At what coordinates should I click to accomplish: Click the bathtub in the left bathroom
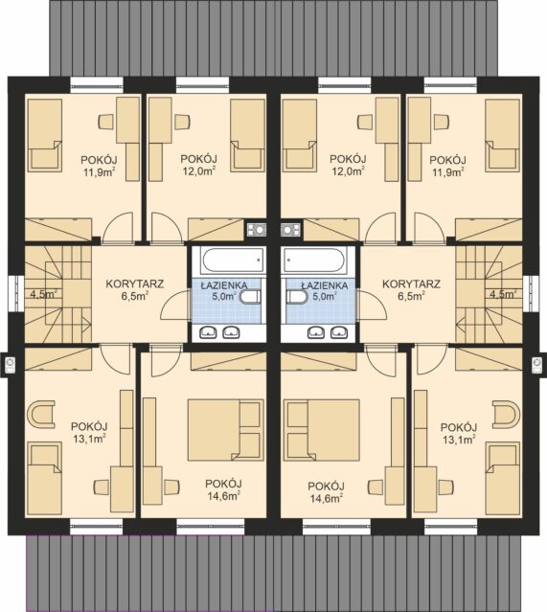pyautogui.click(x=233, y=261)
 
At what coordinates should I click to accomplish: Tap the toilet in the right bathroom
pyautogui.click(x=297, y=297)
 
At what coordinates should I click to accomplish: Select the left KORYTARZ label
pyautogui.click(x=135, y=283)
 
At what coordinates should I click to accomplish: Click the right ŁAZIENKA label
pyautogui.click(x=325, y=285)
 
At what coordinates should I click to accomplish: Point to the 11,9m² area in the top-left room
pyautogui.click(x=99, y=172)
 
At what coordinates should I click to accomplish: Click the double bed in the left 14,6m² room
pyautogui.click(x=225, y=430)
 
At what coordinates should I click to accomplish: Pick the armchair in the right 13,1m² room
pyautogui.click(x=506, y=414)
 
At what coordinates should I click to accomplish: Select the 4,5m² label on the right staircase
pyautogui.click(x=503, y=294)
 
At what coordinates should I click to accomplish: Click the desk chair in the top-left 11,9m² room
pyautogui.click(x=106, y=122)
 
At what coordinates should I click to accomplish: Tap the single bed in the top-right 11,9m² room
pyautogui.click(x=503, y=135)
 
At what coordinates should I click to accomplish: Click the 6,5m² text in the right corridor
pyautogui.click(x=412, y=296)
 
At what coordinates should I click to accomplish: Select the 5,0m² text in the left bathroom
pyautogui.click(x=224, y=296)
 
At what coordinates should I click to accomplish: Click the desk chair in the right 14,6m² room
pyautogui.click(x=376, y=487)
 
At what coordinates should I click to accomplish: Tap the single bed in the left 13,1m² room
pyautogui.click(x=45, y=478)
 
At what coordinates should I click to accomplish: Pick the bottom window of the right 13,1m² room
pyautogui.click(x=451, y=527)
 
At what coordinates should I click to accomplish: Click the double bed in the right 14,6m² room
pyautogui.click(x=323, y=430)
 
